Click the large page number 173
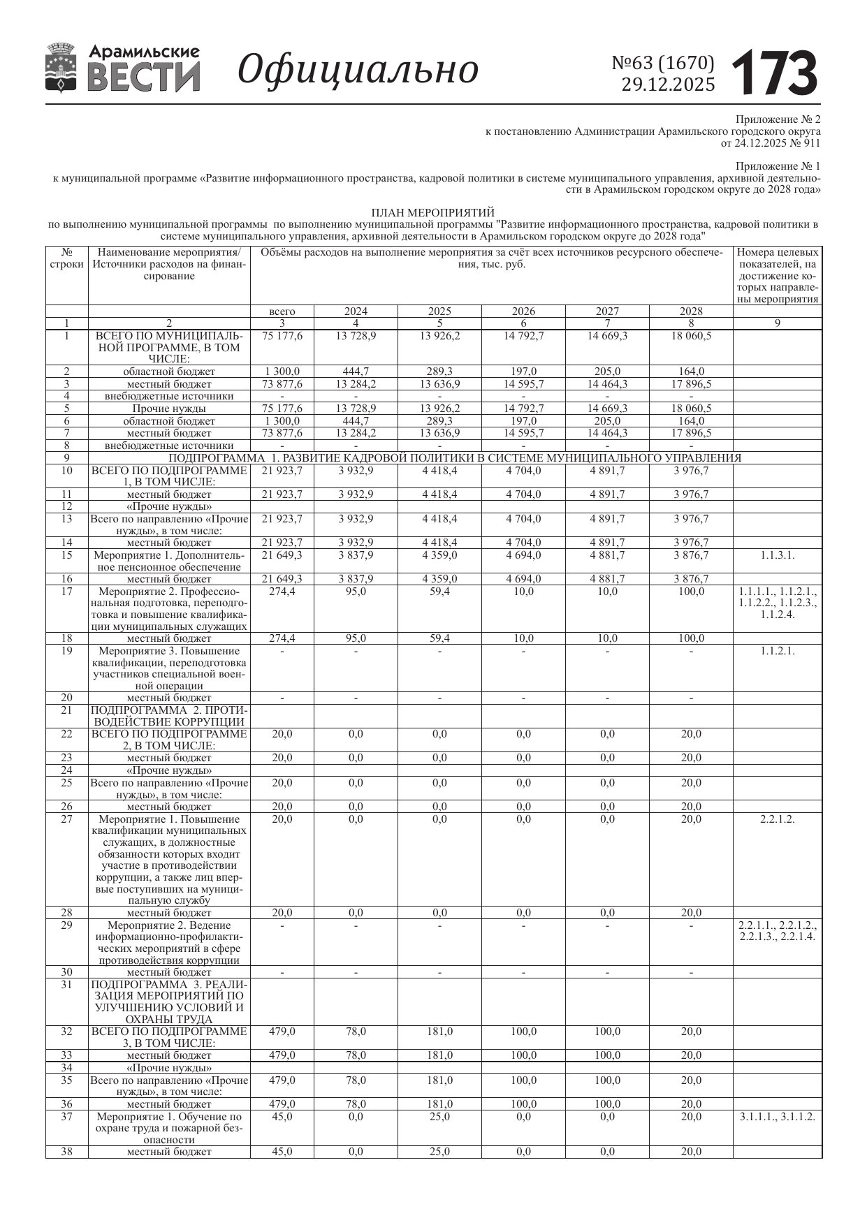tap(775, 72)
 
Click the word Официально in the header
tap(358, 70)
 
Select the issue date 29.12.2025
tap(668, 85)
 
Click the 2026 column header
tap(523, 311)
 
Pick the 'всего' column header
tap(282, 311)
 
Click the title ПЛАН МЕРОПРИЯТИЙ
tap(432, 212)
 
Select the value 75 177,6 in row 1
tap(282, 335)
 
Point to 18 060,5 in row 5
tap(691, 409)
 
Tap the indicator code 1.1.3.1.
tap(777, 555)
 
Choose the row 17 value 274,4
tap(282, 592)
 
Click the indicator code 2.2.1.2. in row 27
tap(777, 819)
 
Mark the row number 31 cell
tap(67, 985)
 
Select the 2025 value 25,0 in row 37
tap(439, 1117)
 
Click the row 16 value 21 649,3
tap(282, 579)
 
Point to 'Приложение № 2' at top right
tap(778, 119)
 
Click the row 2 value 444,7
tap(356, 372)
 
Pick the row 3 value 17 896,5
tap(691, 384)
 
